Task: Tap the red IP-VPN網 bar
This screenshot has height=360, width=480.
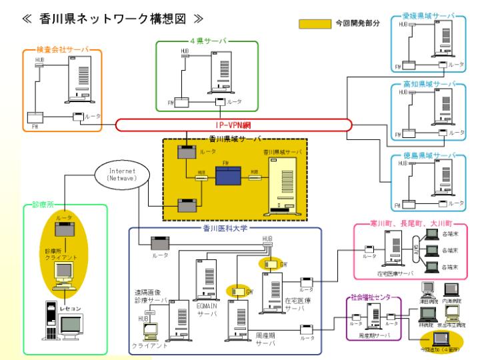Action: click(233, 125)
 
